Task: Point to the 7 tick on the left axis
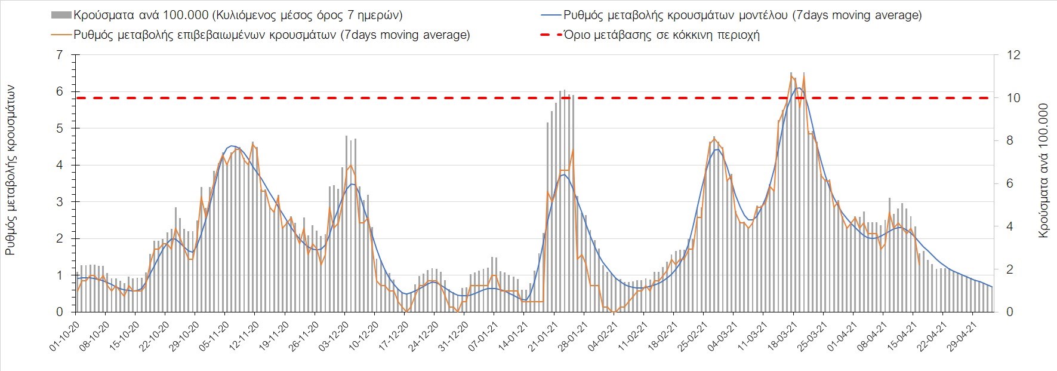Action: (x=58, y=55)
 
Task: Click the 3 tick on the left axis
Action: (x=58, y=202)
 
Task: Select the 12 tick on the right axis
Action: (x=1013, y=55)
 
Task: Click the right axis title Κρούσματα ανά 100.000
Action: (x=1043, y=171)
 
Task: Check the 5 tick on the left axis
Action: (x=58, y=128)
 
